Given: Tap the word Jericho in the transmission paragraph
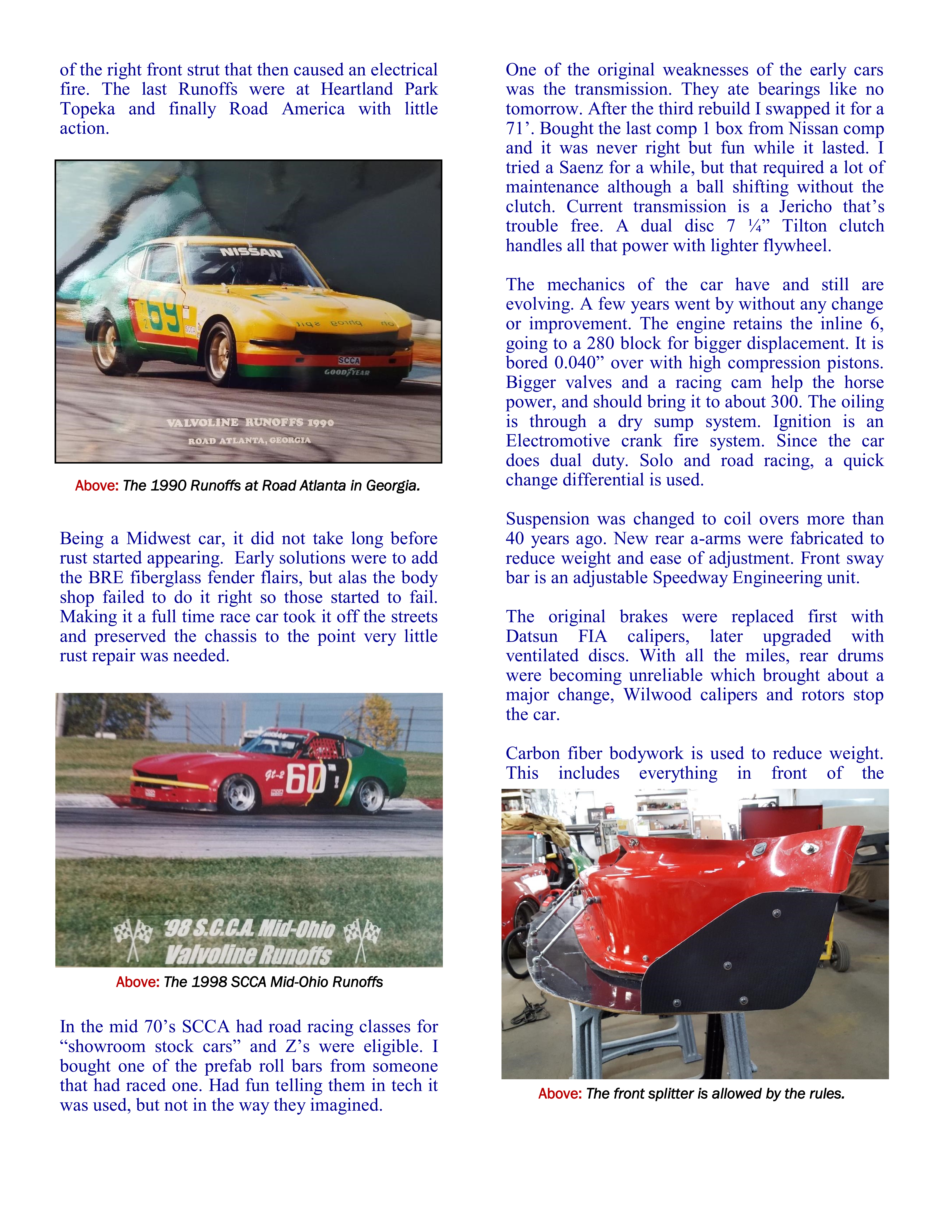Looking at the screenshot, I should point(805,207).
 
